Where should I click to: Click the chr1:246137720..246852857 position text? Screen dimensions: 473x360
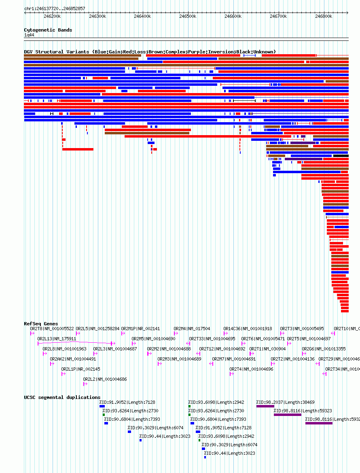point(55,8)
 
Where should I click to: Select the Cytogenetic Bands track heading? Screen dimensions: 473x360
point(48,30)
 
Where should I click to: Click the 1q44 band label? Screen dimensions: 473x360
point(29,35)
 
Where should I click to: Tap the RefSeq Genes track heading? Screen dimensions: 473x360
point(41,324)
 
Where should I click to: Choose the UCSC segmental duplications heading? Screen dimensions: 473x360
point(62,397)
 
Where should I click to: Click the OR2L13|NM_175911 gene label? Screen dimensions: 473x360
point(57,339)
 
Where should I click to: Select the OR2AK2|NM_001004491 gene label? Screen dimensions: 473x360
point(73,359)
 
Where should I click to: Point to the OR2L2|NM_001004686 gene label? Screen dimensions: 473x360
point(105,379)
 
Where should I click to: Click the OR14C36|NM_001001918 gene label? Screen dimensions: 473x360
point(248,329)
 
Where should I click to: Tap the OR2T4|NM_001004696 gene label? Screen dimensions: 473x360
point(251,369)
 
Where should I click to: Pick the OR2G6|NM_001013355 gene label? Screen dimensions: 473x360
point(324,349)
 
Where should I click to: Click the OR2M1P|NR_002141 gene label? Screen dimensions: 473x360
point(140,329)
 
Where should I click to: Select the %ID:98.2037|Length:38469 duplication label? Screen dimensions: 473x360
point(285,402)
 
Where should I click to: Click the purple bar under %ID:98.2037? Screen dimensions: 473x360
point(265,406)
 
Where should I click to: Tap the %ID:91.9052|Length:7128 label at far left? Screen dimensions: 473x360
point(127,402)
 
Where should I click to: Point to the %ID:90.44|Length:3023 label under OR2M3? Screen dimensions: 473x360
point(165,436)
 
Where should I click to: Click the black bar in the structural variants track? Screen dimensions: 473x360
point(341,156)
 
